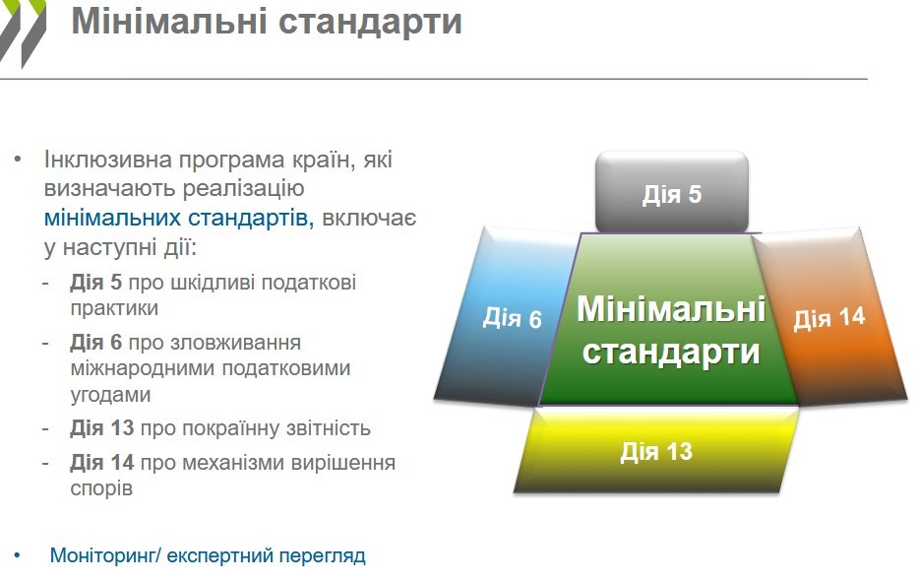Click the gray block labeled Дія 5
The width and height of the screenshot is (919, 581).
pyautogui.click(x=672, y=192)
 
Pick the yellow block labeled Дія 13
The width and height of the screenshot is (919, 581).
pyautogui.click(x=656, y=451)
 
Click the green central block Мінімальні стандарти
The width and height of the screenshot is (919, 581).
pyautogui.click(x=669, y=320)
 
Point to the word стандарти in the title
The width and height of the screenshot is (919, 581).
pyautogui.click(x=370, y=23)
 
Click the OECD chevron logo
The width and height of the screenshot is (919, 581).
pyautogui.click(x=23, y=32)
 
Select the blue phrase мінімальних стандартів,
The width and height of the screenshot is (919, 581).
pyautogui.click(x=179, y=218)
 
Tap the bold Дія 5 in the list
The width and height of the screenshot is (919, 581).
pyautogui.click(x=96, y=283)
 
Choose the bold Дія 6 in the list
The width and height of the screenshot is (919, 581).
pyautogui.click(x=96, y=343)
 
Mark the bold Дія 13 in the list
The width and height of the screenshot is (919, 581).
pyautogui.click(x=102, y=428)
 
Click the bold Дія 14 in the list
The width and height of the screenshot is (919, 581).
pyautogui.click(x=102, y=463)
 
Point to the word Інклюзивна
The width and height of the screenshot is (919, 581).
pyautogui.click(x=108, y=160)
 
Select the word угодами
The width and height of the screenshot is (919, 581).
pyautogui.click(x=111, y=395)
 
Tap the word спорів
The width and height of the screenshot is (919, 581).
pyautogui.click(x=101, y=488)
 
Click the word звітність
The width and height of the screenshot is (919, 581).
pyautogui.click(x=329, y=428)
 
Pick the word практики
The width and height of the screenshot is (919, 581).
pyautogui.click(x=114, y=308)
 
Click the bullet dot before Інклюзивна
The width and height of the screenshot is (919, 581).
pyautogui.click(x=18, y=160)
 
